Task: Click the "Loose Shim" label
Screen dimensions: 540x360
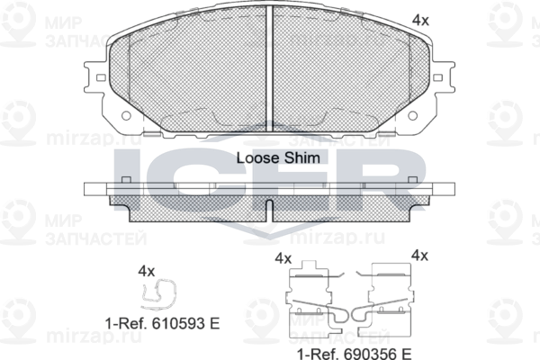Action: (278, 157)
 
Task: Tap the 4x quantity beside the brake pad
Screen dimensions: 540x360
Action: (420, 21)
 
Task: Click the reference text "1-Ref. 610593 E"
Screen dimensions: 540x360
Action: (162, 323)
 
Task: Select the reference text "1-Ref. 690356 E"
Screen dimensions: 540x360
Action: (355, 354)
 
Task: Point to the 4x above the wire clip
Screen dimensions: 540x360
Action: (147, 272)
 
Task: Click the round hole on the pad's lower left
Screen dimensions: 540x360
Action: (126, 115)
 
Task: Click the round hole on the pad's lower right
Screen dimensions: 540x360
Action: (412, 115)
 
